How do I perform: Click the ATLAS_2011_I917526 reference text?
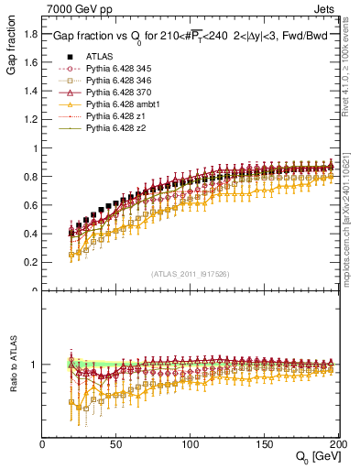click(x=189, y=274)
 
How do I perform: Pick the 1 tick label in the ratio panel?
click(x=35, y=365)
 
